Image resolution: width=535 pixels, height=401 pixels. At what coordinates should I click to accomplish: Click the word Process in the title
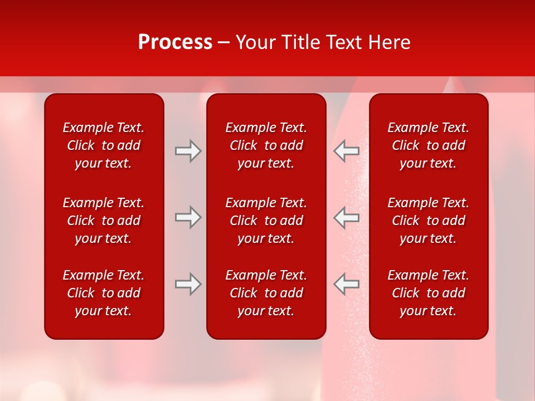click(x=175, y=42)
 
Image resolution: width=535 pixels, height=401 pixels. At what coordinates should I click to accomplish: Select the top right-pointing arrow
click(x=188, y=151)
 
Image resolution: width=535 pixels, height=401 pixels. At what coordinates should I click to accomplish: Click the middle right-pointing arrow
click(x=188, y=217)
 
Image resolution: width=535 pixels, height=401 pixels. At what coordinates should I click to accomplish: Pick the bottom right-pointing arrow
click(x=188, y=284)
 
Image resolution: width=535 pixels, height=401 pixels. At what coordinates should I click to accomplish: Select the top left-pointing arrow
click(x=347, y=151)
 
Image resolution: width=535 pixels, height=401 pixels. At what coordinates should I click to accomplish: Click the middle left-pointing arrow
click(x=347, y=217)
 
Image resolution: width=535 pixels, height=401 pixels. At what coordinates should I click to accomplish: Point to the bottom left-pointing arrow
click(x=347, y=284)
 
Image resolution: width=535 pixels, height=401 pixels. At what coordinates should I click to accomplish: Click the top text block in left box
click(x=104, y=145)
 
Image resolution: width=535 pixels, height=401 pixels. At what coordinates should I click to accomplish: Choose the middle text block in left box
click(x=104, y=221)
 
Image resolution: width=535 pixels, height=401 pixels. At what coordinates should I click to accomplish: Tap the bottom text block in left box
click(x=104, y=293)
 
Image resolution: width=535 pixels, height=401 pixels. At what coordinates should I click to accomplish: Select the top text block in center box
click(x=266, y=145)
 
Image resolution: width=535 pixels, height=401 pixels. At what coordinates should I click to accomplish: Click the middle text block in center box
click(x=266, y=221)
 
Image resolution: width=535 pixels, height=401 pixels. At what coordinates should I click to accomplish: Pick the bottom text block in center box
click(x=266, y=293)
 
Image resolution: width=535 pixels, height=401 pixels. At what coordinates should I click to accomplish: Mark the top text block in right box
click(x=429, y=145)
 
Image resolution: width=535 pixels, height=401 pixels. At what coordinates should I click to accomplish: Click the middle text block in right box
click(x=429, y=221)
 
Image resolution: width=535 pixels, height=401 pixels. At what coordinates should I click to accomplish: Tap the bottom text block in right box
click(x=429, y=293)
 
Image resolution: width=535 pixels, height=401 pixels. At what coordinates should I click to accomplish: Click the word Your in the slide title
click(x=255, y=42)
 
